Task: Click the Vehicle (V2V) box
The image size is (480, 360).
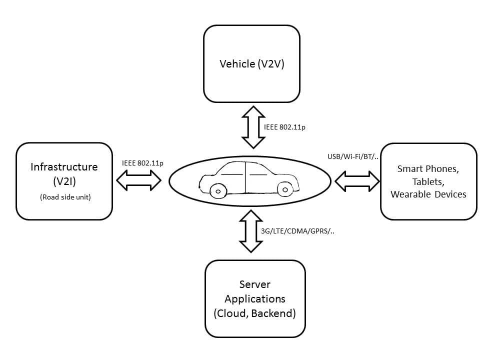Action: coord(251,64)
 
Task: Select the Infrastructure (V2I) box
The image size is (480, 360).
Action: coord(64,181)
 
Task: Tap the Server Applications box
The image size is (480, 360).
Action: coord(255,298)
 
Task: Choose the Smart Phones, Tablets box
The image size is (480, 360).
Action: coord(428,181)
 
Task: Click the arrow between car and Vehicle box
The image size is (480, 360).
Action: coord(253,127)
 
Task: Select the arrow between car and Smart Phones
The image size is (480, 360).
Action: coord(357,181)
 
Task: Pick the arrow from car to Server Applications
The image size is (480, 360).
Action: coord(251,231)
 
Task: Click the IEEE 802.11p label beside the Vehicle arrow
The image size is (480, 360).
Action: coord(284,127)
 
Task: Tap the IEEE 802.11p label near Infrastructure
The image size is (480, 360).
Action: coord(142,163)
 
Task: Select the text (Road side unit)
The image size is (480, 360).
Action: coord(64,197)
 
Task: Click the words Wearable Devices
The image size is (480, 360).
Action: coord(428,194)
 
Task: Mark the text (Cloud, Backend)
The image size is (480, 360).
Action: coord(255,313)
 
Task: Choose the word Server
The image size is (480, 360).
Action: coord(255,284)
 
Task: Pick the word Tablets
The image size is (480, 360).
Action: coord(428,181)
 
